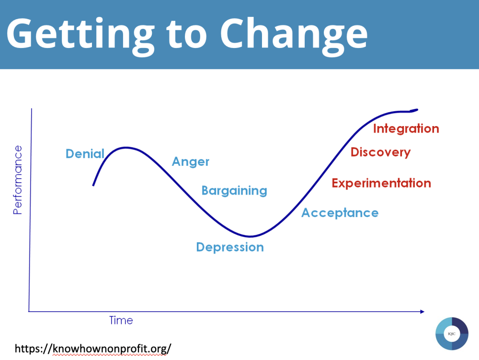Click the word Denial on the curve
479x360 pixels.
[x=85, y=154]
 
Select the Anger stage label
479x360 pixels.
[x=191, y=162]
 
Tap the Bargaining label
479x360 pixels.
[x=234, y=191]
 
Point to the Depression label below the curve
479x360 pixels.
[x=230, y=247]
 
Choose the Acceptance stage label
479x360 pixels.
[x=340, y=213]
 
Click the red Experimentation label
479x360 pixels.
[x=382, y=183]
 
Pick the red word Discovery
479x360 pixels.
[x=381, y=152]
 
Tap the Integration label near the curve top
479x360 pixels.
[x=406, y=128]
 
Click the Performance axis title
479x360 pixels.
[x=18, y=180]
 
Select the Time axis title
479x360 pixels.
[x=121, y=320]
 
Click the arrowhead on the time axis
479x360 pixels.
[x=422, y=312]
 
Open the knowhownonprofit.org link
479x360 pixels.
[x=93, y=348]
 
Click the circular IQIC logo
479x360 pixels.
[x=452, y=334]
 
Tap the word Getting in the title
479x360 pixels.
[x=80, y=34]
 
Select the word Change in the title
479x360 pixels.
[x=294, y=34]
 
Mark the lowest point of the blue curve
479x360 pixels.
[x=250, y=236]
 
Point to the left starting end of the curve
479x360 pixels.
[x=93, y=185]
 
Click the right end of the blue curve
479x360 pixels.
[x=417, y=109]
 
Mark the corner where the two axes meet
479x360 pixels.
[x=29, y=312]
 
